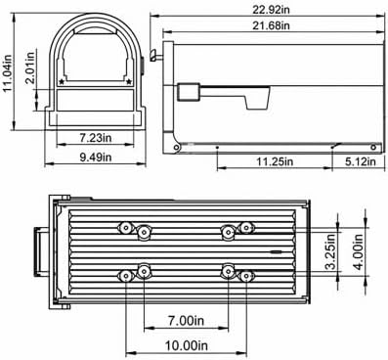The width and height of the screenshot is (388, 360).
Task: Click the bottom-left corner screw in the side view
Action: point(177,148)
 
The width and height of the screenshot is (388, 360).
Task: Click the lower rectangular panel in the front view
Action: point(95,103)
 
